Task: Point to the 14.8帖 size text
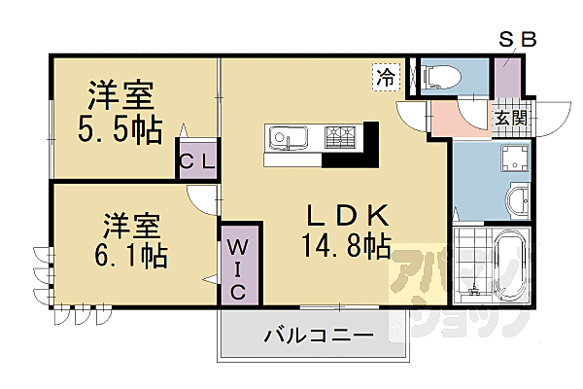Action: click(x=332, y=247)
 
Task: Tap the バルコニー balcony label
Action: click(x=317, y=336)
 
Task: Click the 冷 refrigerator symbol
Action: click(x=385, y=73)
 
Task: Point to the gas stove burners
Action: click(x=341, y=137)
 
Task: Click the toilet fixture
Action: click(x=442, y=76)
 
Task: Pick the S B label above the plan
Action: click(x=517, y=40)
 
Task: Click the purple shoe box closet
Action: click(x=506, y=78)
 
